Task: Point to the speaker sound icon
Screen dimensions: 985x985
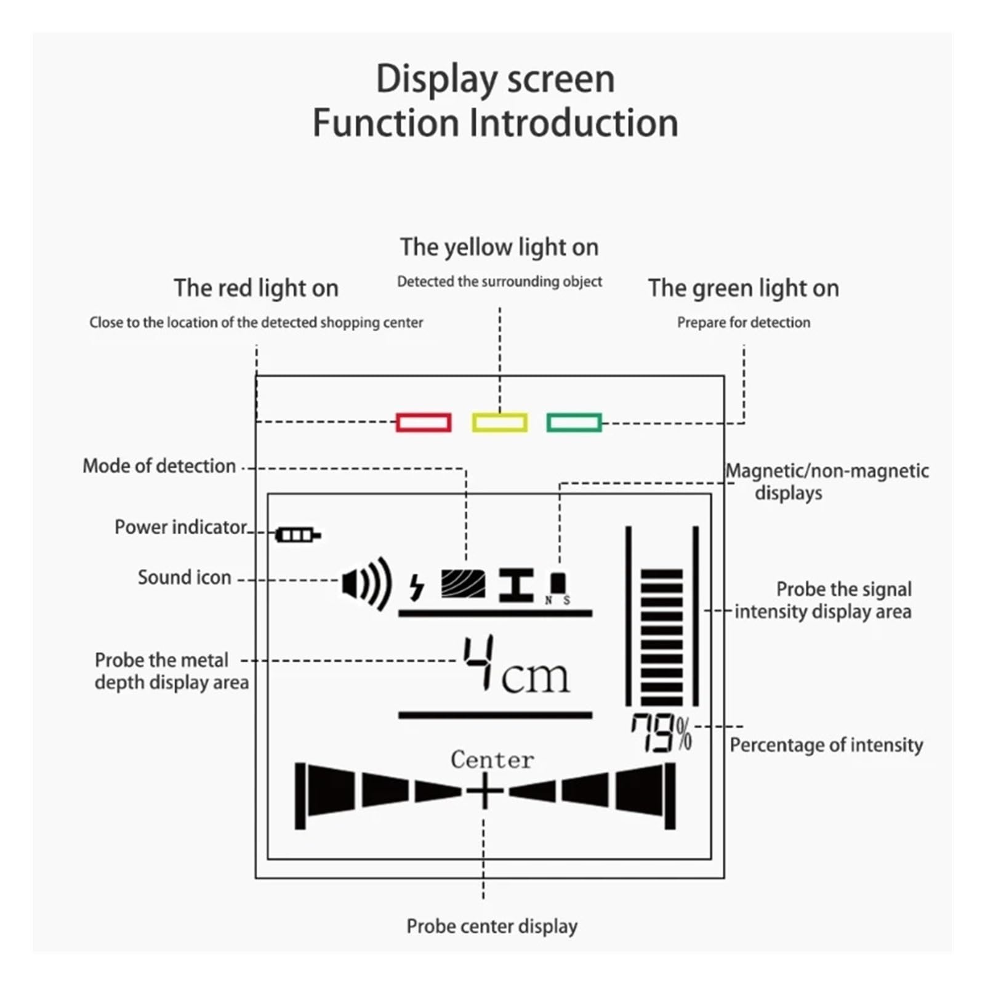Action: click(367, 583)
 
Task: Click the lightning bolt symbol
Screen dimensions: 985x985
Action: click(417, 587)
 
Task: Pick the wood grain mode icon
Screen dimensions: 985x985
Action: click(463, 584)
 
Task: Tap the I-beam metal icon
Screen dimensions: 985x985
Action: click(516, 585)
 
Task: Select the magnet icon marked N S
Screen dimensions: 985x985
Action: click(558, 589)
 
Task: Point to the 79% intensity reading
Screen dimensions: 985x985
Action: click(661, 733)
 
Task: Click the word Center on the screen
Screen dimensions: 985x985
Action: click(492, 759)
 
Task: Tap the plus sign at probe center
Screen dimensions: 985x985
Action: click(484, 791)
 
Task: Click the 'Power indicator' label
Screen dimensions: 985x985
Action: click(181, 527)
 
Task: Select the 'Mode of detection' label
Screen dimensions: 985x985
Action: click(159, 466)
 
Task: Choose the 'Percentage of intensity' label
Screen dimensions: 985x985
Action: click(826, 745)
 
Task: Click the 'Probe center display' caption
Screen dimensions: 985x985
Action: click(492, 926)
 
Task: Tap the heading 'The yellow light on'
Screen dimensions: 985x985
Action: click(499, 247)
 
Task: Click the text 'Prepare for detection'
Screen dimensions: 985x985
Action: click(744, 322)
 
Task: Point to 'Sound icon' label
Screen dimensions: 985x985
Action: click(185, 577)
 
